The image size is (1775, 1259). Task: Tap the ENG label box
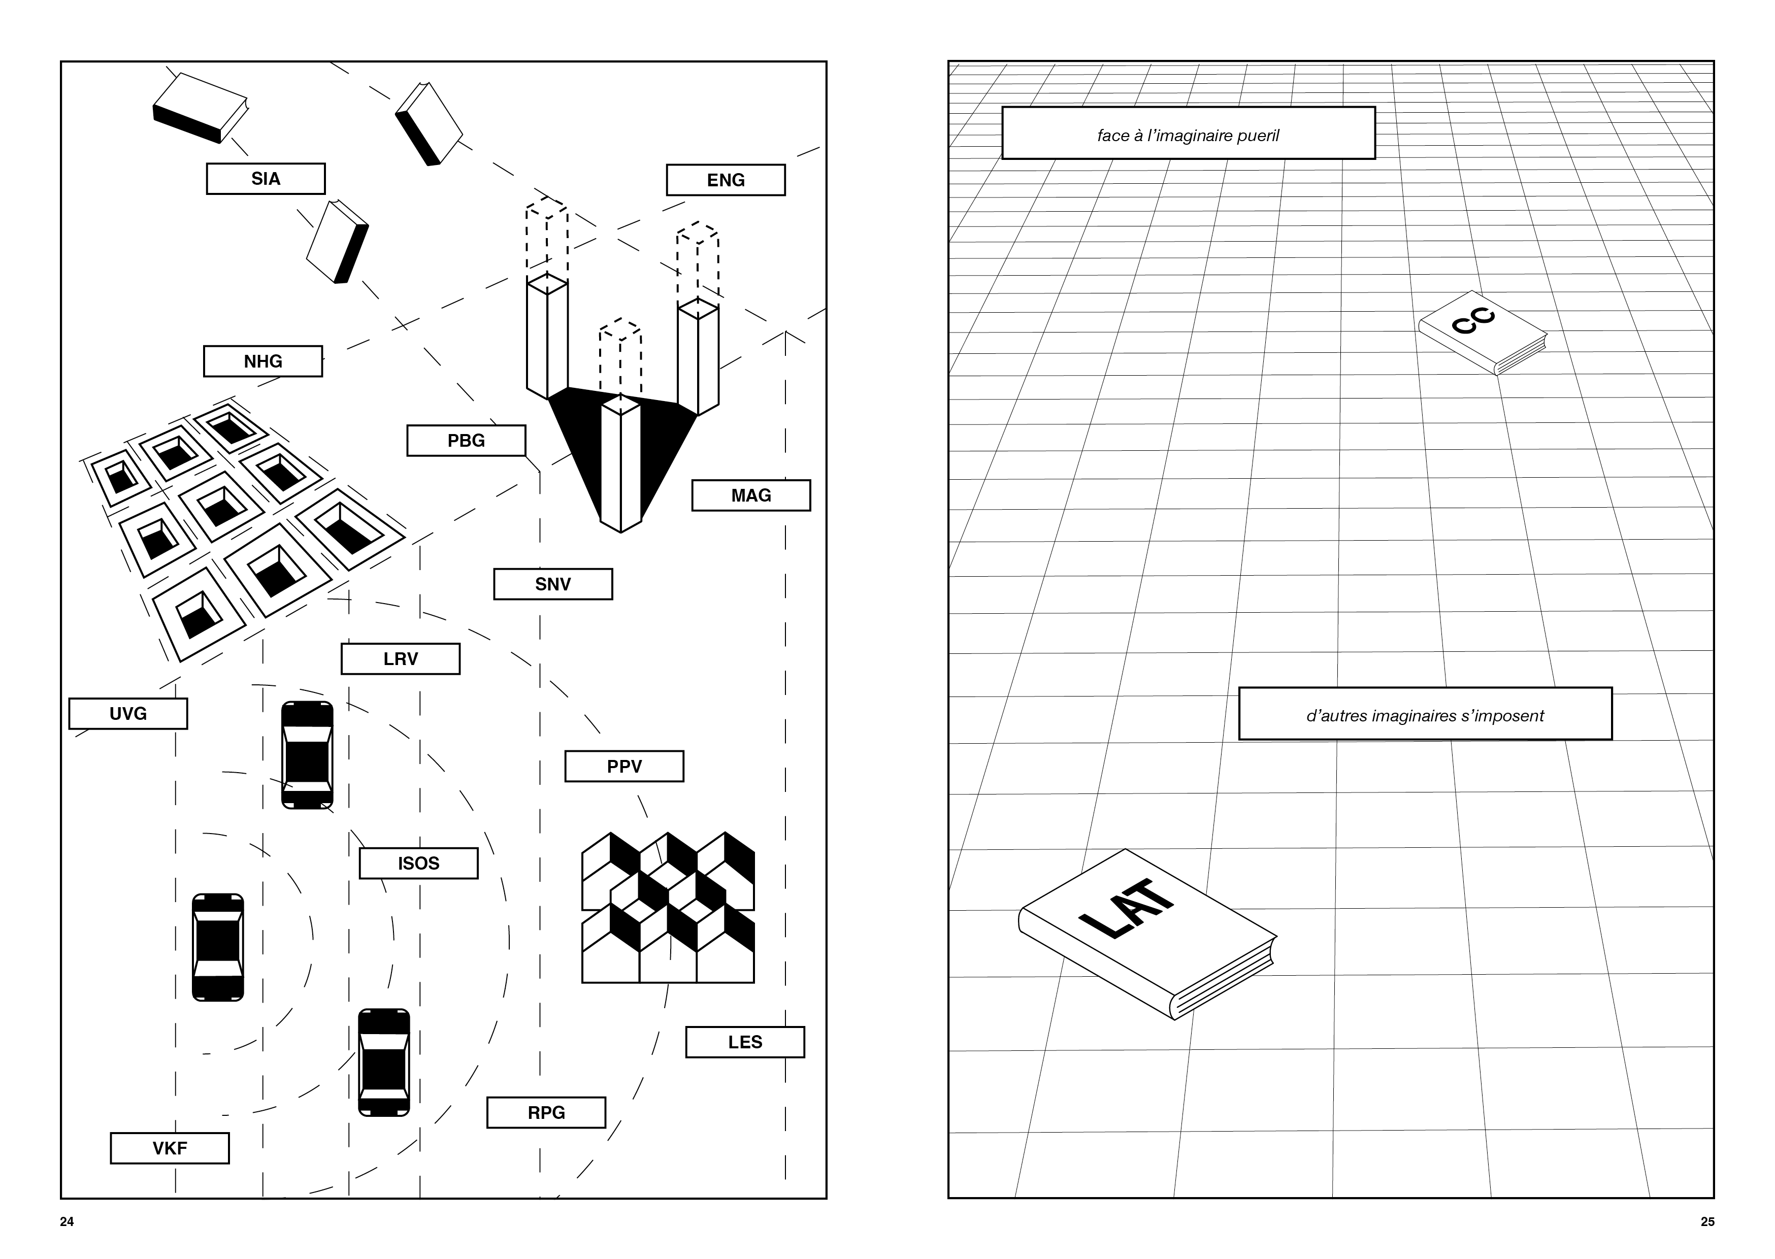(x=726, y=180)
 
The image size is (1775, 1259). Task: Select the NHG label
(x=263, y=361)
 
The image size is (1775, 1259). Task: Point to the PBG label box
(x=466, y=440)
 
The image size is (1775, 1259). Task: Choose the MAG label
(x=751, y=495)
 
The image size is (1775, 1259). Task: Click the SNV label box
(x=552, y=584)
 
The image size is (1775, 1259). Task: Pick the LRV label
(x=400, y=659)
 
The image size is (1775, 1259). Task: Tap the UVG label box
(x=128, y=713)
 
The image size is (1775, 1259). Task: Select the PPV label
(x=624, y=766)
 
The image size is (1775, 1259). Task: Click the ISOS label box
(x=418, y=863)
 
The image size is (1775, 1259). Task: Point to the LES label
(x=745, y=1042)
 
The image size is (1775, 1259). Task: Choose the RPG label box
(x=546, y=1112)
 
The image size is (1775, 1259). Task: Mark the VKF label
(x=170, y=1148)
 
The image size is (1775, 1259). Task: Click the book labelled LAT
(x=1147, y=934)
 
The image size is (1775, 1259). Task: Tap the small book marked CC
(x=1482, y=333)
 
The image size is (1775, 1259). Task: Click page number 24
(x=67, y=1222)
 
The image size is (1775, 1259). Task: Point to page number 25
(x=1707, y=1222)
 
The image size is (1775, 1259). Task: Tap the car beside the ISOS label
(x=307, y=755)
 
